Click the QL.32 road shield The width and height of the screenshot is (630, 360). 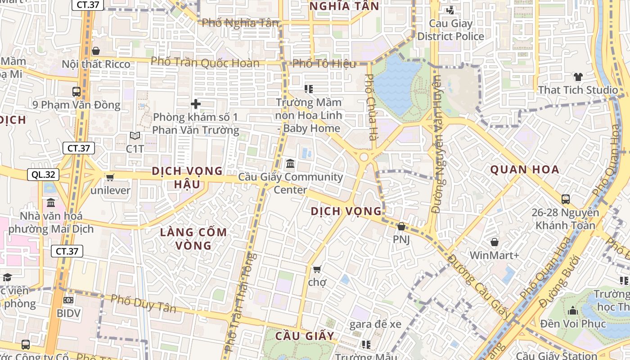(x=44, y=175)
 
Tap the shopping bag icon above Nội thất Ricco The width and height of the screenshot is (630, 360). (x=95, y=51)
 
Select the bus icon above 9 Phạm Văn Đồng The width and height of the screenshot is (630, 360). (x=76, y=92)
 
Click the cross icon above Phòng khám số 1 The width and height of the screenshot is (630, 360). (x=196, y=104)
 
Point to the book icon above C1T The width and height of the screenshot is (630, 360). (x=135, y=135)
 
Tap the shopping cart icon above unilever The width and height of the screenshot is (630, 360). (x=110, y=177)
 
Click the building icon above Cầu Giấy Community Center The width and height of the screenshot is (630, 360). (x=290, y=164)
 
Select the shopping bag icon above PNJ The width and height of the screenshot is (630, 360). (x=401, y=226)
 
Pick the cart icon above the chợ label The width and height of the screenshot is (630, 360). (x=317, y=269)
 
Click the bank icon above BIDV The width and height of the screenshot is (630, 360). (x=68, y=300)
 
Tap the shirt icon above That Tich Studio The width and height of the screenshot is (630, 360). (x=578, y=77)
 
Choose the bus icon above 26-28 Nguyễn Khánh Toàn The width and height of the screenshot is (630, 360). (x=566, y=199)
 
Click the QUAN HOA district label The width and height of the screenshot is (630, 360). (x=525, y=170)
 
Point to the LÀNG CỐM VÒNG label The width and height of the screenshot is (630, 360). (x=193, y=239)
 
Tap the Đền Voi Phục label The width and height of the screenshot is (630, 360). (x=573, y=324)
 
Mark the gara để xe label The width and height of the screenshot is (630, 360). (x=375, y=324)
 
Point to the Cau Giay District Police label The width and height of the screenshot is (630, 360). (x=450, y=30)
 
